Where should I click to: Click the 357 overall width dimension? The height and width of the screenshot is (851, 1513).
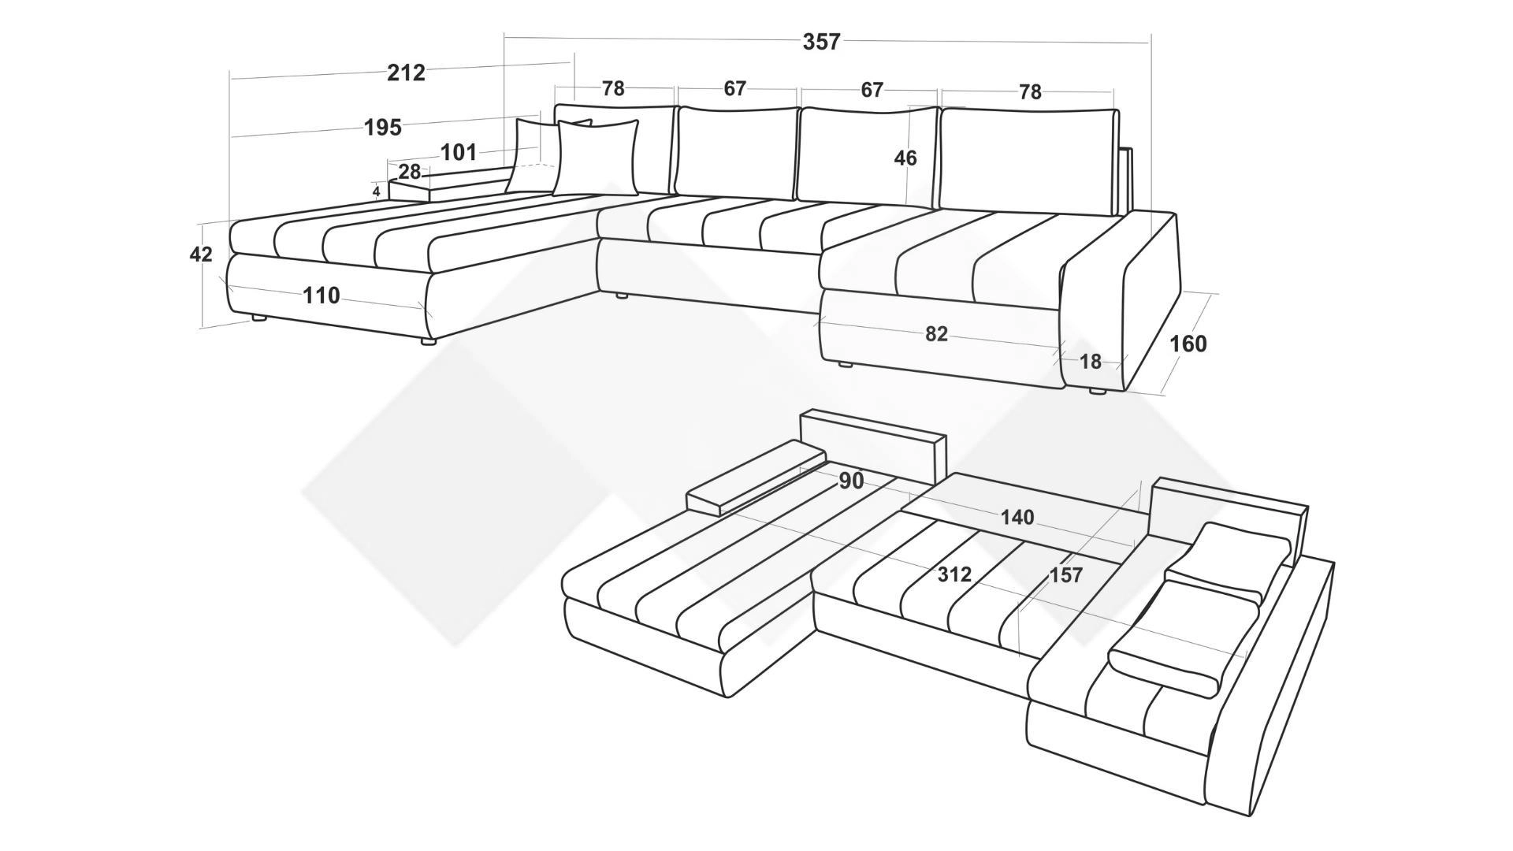tap(822, 42)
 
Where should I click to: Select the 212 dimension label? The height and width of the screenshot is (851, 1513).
tap(407, 73)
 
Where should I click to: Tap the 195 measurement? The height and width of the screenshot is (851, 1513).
tap(383, 128)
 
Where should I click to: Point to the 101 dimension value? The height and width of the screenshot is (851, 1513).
tap(458, 152)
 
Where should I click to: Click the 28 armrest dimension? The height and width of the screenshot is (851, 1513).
tap(410, 172)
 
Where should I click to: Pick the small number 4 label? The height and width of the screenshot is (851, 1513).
tap(377, 191)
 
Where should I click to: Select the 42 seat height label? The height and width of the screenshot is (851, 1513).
tap(201, 255)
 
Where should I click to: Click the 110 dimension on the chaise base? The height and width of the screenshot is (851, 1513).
tap(322, 295)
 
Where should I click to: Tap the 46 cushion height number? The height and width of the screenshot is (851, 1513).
tap(905, 158)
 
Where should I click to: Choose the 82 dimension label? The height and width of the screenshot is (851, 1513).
tap(936, 334)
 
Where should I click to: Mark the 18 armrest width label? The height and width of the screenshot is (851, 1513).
tap(1091, 362)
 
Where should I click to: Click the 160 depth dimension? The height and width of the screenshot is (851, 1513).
tap(1188, 344)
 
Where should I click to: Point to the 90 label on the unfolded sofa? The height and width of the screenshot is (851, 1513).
tap(851, 481)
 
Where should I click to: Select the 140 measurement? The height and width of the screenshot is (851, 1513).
tap(1017, 518)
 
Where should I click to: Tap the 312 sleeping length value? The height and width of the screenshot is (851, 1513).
tap(954, 575)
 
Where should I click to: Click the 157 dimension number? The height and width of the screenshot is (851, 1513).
tap(1066, 576)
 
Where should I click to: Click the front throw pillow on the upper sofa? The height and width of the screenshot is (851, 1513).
tap(596, 158)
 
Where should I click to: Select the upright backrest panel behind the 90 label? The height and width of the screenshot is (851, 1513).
tap(872, 445)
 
